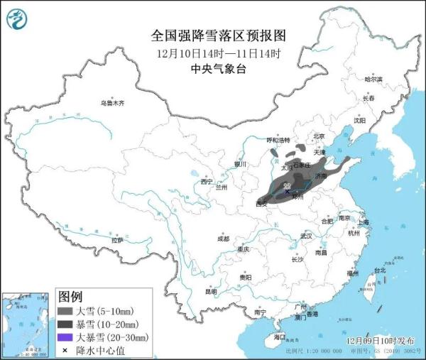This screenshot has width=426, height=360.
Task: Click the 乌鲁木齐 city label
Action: (111, 103)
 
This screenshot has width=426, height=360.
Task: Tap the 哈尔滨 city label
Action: (373, 79)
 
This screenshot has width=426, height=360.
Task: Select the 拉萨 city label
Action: (117, 240)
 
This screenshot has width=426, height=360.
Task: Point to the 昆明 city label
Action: (211, 290)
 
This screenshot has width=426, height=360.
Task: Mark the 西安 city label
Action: (262, 204)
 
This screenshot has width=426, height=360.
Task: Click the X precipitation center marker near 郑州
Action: (287, 191)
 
